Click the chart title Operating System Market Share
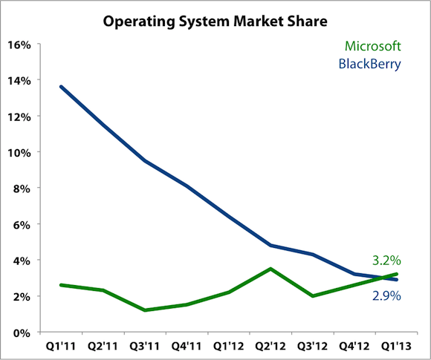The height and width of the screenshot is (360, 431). (x=215, y=22)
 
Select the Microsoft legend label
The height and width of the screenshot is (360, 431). (x=373, y=46)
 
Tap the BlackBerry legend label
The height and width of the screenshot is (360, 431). (x=370, y=64)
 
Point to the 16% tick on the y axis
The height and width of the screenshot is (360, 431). (x=19, y=45)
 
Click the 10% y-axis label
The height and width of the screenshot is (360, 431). (x=19, y=153)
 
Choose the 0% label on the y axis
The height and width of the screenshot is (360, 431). (x=22, y=333)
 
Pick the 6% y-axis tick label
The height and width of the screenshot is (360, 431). (x=22, y=225)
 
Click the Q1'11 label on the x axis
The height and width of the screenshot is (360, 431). (x=61, y=346)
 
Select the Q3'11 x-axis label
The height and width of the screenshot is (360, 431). (x=145, y=346)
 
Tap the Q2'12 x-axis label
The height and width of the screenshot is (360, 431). (x=270, y=346)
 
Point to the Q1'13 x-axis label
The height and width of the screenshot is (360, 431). (x=396, y=346)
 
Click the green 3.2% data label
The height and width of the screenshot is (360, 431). (x=386, y=260)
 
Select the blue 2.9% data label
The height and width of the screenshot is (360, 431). (x=386, y=295)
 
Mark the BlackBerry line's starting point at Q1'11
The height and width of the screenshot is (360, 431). (x=61, y=87)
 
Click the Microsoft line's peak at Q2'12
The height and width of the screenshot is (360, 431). (x=270, y=269)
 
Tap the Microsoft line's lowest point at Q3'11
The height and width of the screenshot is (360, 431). (x=145, y=310)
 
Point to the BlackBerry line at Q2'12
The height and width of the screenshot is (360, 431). (x=270, y=245)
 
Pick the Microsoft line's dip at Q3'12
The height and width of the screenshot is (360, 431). (x=313, y=295)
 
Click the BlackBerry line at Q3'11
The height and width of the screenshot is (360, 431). (x=145, y=161)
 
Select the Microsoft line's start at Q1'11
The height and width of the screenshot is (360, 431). (x=61, y=285)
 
